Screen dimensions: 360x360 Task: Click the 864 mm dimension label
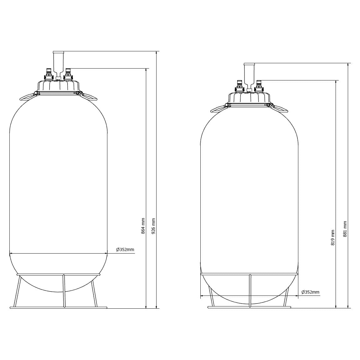pyautogui.click(x=143, y=226)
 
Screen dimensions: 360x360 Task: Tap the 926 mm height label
pyautogui.click(x=153, y=226)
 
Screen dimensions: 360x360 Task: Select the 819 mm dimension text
pyautogui.click(x=333, y=237)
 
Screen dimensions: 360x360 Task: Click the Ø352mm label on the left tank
pyautogui.click(x=125, y=249)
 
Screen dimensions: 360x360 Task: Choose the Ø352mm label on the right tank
pyautogui.click(x=311, y=292)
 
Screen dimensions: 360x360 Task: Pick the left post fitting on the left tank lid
pyautogui.click(x=48, y=74)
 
